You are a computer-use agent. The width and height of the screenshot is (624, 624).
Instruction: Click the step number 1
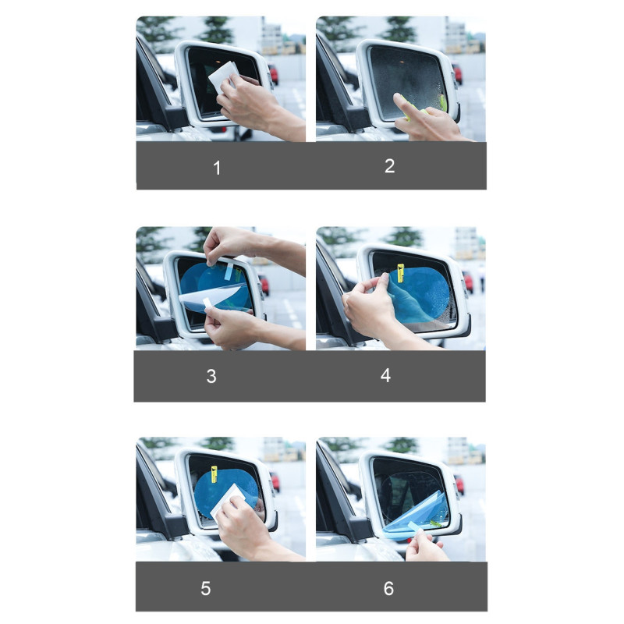point(217,168)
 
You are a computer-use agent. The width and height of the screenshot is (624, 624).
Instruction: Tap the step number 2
point(389,166)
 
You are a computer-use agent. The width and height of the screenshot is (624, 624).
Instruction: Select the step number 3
point(211,376)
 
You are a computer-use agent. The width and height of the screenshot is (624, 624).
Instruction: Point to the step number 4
point(385,375)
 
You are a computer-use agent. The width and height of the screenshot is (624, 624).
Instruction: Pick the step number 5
point(206,588)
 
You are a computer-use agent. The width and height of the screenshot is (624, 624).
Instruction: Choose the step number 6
point(388,588)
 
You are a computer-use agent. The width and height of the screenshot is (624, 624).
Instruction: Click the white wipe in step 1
point(223,76)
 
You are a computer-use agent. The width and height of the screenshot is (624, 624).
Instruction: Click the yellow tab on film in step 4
point(400,273)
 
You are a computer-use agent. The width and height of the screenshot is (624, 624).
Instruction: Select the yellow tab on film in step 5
point(214,474)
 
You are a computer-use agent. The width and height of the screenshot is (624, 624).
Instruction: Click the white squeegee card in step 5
point(227,502)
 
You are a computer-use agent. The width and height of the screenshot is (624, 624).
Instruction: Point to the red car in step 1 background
point(274,75)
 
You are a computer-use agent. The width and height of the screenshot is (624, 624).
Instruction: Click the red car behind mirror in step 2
point(458,73)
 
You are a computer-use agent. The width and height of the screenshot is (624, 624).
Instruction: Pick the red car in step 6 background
point(459,484)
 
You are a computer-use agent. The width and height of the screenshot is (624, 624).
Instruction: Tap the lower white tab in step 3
point(207,305)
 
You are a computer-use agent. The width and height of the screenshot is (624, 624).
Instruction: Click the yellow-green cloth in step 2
point(442,103)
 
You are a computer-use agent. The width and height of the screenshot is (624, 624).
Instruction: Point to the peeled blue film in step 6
point(416,516)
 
